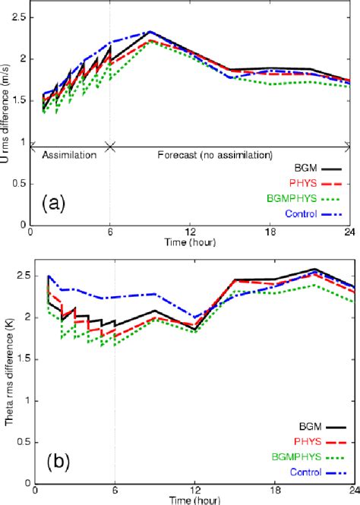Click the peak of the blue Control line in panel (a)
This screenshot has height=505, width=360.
click(151, 32)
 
